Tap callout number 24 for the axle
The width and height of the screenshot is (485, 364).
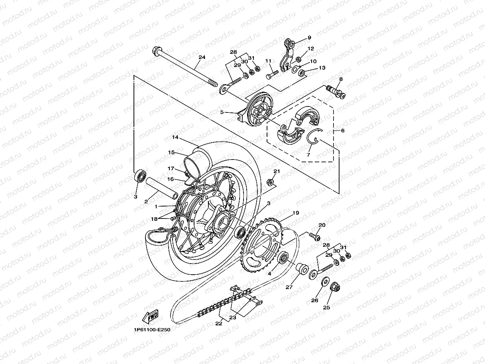(x=202, y=57)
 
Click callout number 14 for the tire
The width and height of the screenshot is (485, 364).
(x=175, y=138)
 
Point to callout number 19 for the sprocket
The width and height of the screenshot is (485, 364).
(x=296, y=213)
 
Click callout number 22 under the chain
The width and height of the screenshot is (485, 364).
(x=218, y=323)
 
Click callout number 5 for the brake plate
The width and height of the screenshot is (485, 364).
(x=222, y=112)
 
